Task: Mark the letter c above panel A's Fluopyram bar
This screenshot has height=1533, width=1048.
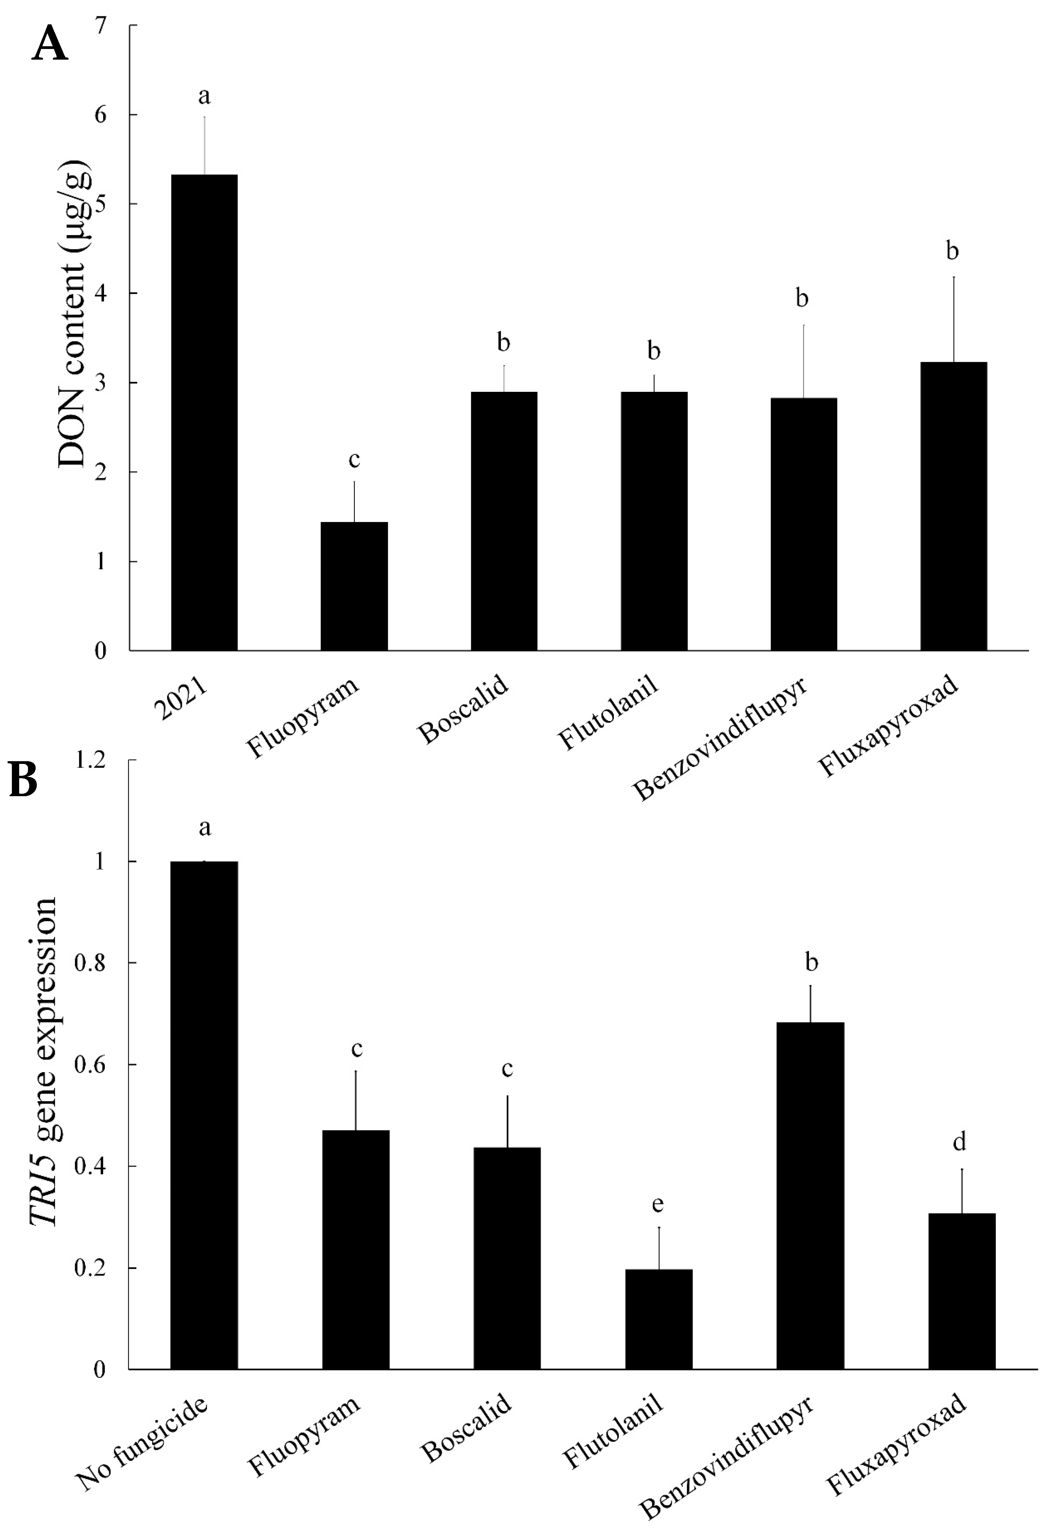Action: pos(354,460)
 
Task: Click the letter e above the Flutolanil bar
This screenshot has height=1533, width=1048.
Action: pos(658,1204)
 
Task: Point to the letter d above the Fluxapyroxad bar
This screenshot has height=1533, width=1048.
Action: pos(959,1141)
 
